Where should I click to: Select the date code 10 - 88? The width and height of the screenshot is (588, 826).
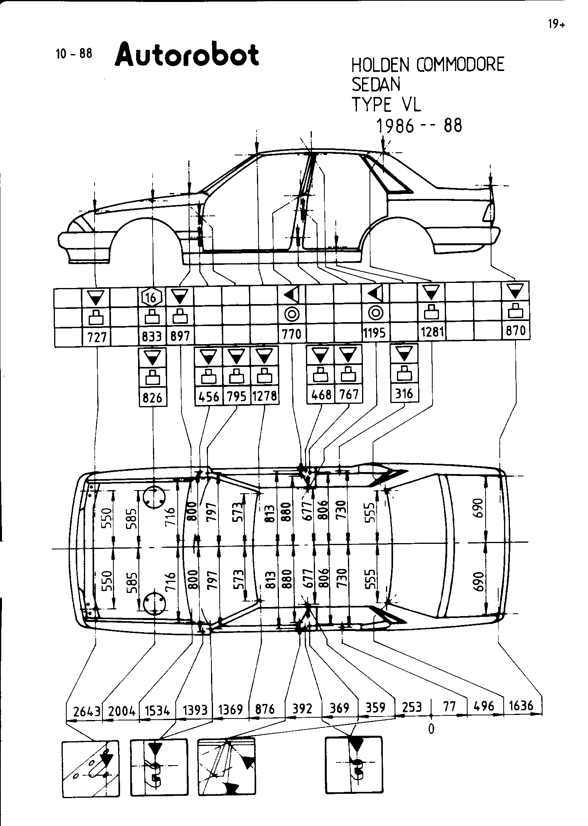[x=74, y=53]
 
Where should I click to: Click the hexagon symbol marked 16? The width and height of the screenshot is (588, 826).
[x=152, y=297]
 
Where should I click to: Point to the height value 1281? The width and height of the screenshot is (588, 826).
[x=432, y=332]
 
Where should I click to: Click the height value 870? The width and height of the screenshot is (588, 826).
[x=516, y=330]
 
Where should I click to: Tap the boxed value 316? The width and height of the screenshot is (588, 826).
[x=404, y=393]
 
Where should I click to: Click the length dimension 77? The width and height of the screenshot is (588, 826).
[x=449, y=707]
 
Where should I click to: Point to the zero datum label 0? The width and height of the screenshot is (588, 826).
[x=431, y=729]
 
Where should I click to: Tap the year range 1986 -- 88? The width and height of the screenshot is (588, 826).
[x=419, y=126]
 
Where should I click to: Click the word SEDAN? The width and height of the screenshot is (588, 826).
[x=376, y=84]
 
